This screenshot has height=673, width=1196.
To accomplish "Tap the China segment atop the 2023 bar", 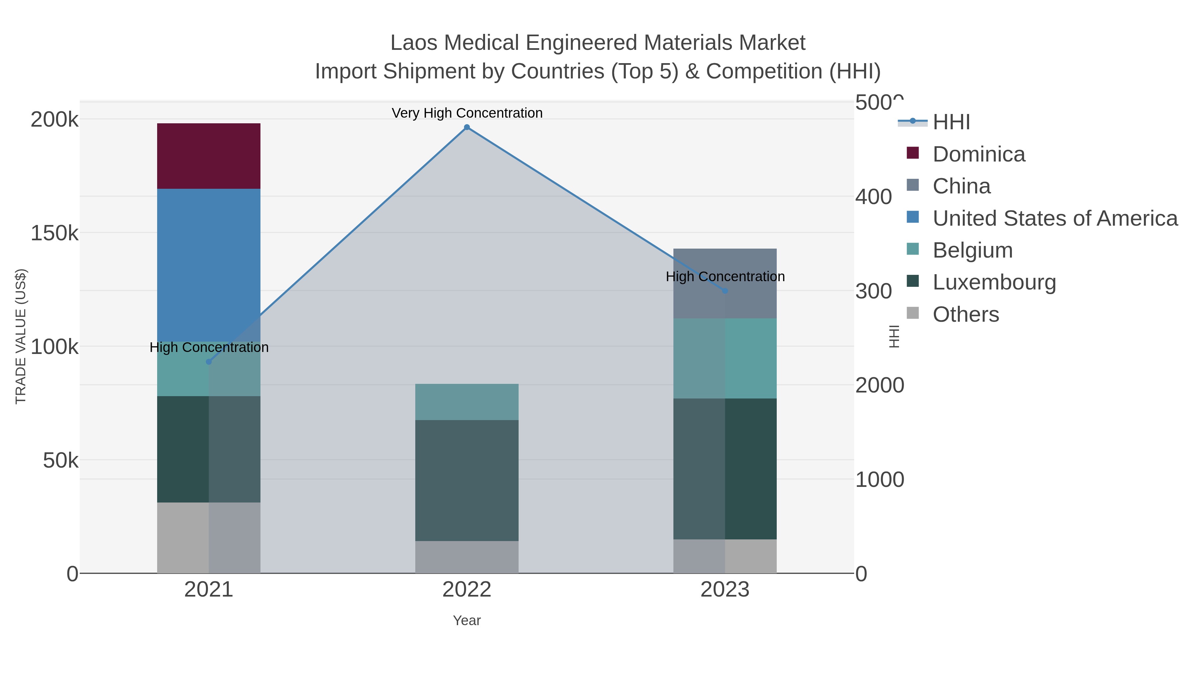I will point(725,283).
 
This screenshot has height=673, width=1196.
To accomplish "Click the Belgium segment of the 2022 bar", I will point(467,402).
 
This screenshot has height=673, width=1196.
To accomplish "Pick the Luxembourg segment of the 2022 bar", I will point(467,480).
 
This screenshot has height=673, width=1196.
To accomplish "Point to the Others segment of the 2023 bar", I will point(725,556).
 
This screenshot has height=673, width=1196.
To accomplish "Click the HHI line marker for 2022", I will point(467,127).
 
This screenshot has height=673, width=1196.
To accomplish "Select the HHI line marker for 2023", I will point(725,291).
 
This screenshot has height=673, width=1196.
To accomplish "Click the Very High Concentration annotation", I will point(467,113).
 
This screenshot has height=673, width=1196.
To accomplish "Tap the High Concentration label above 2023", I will point(725,277).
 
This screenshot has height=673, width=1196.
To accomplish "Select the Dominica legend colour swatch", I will point(912,153).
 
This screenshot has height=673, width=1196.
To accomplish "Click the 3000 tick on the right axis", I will point(873,291).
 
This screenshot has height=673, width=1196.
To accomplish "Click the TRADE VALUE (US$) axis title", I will point(21,336).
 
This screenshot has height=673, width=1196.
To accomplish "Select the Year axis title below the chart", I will point(467,620).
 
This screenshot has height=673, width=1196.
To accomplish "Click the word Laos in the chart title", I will point(414,43).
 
